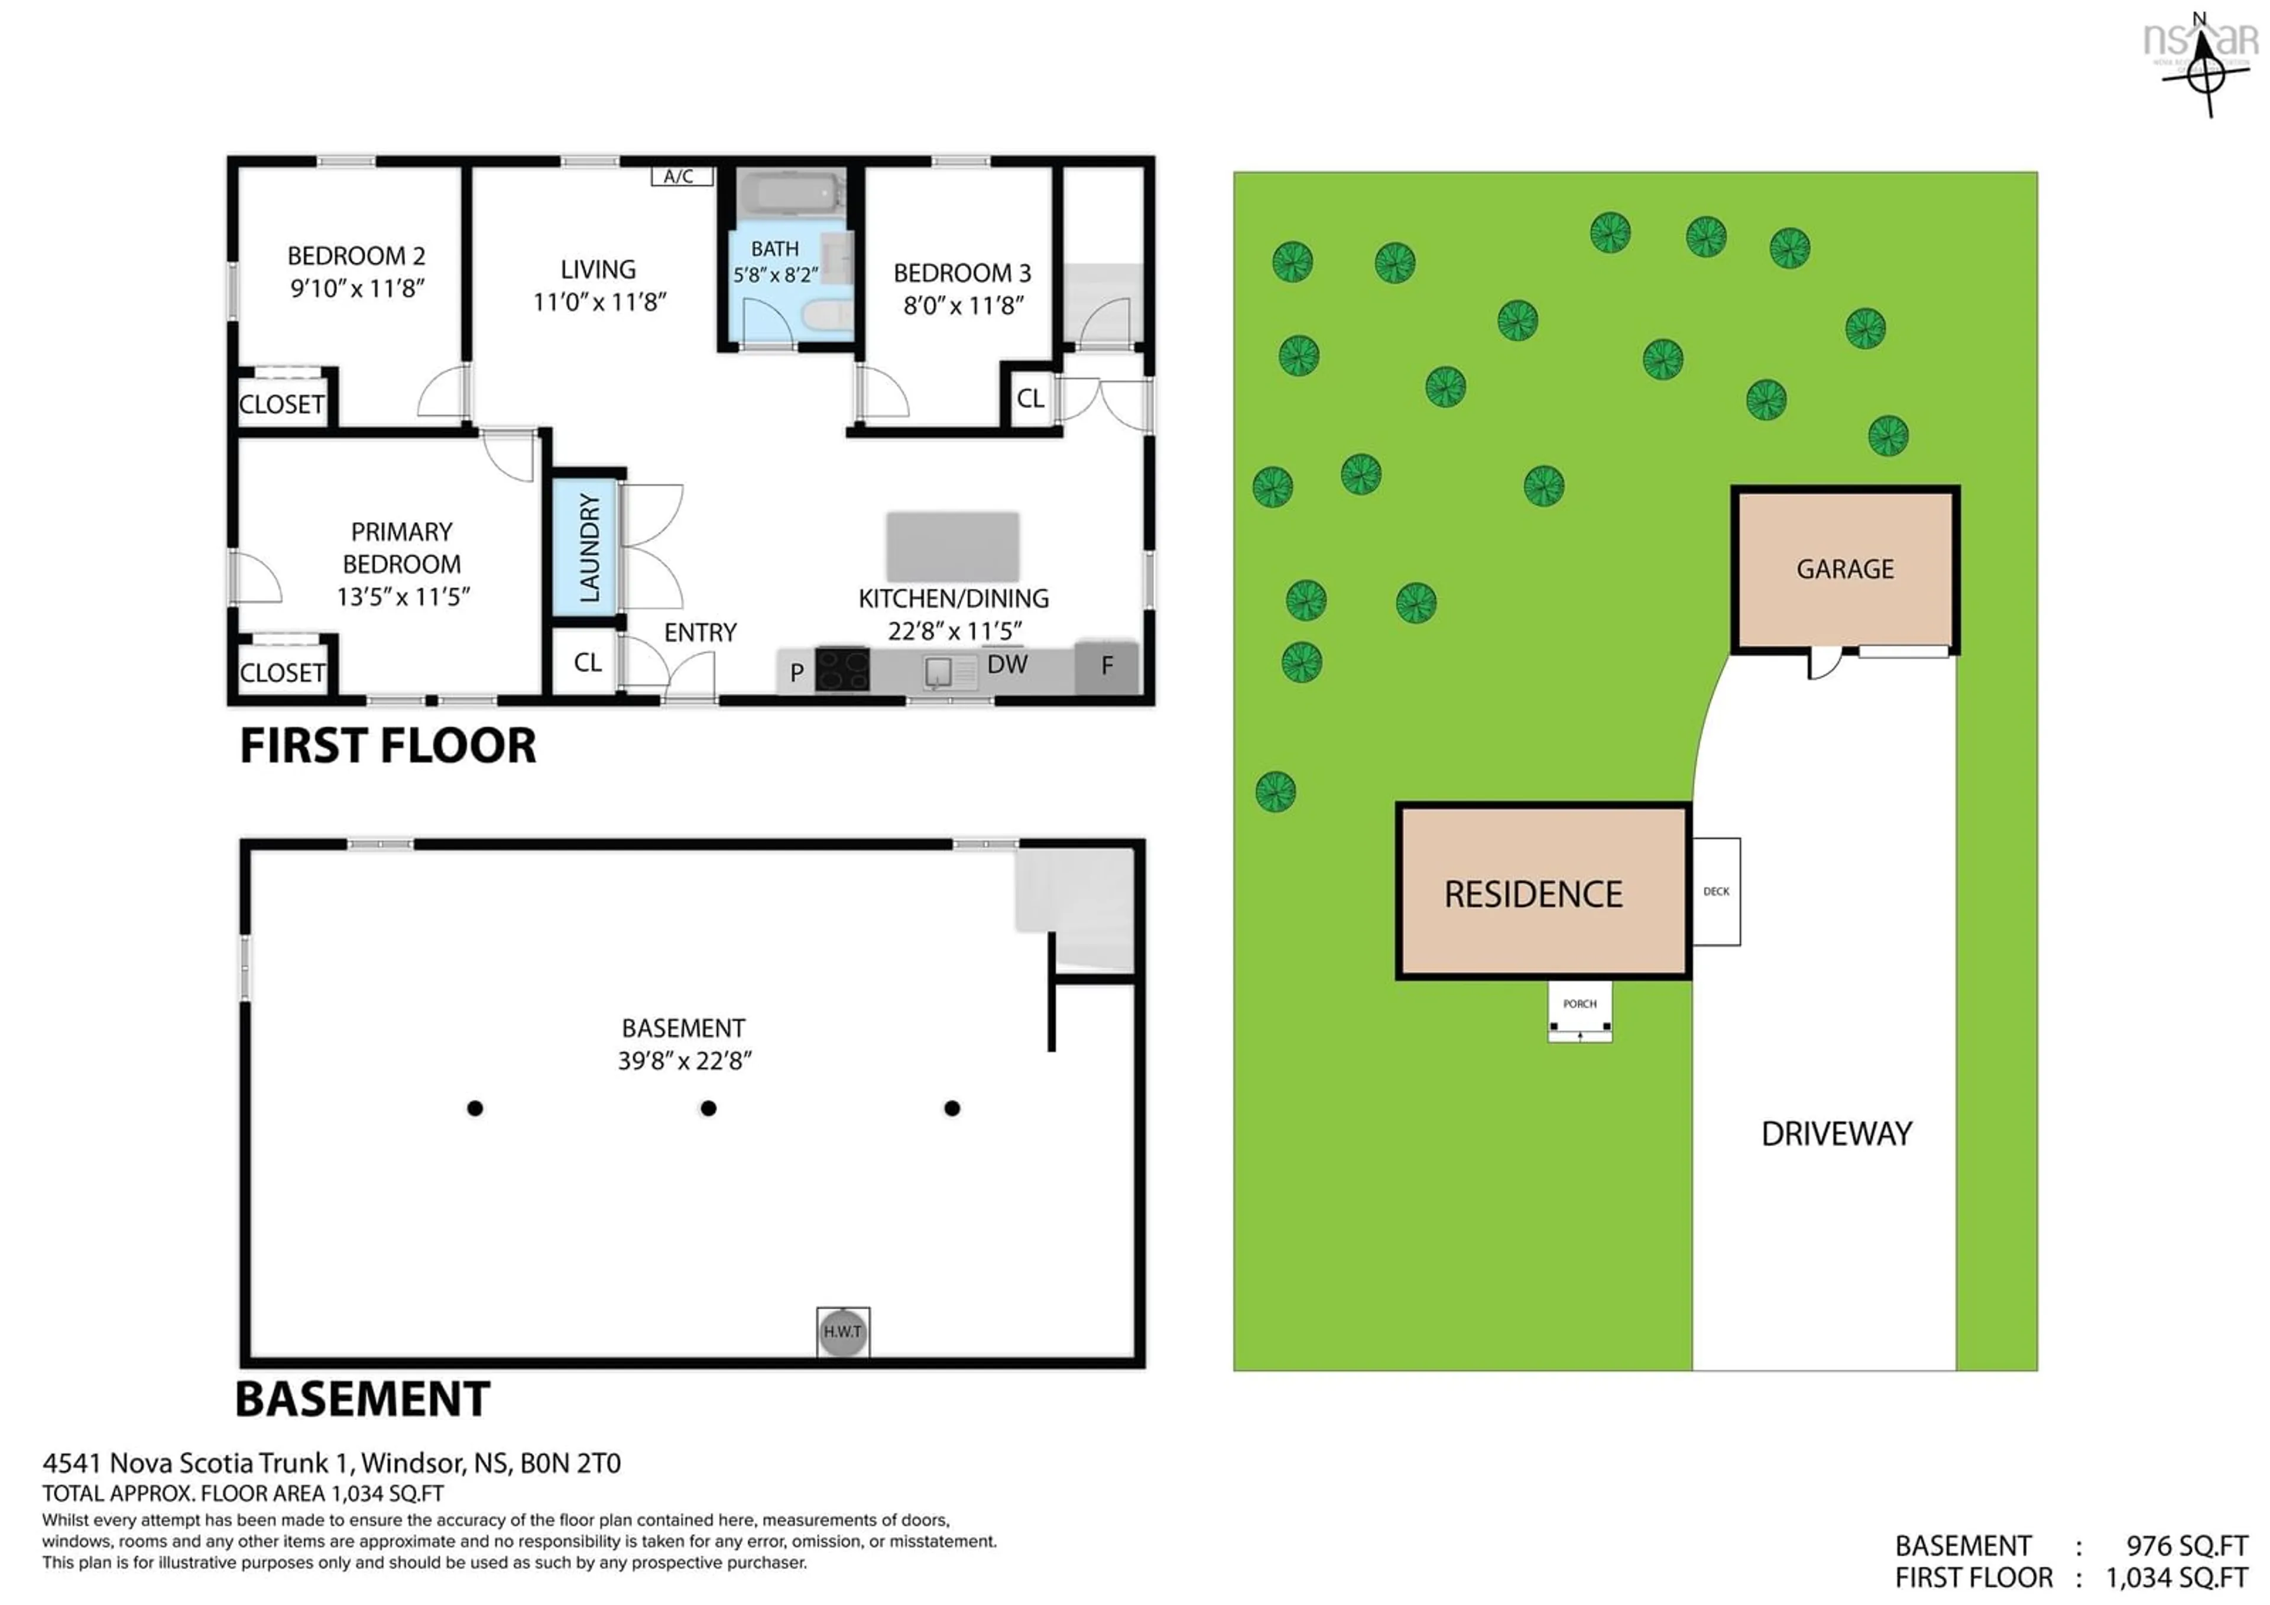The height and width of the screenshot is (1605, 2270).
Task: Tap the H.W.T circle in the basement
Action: click(x=842, y=1331)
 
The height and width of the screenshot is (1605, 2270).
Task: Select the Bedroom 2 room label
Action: click(x=356, y=256)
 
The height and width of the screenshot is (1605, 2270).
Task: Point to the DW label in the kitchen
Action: click(x=1007, y=665)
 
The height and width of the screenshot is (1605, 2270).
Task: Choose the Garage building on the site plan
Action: click(x=1845, y=569)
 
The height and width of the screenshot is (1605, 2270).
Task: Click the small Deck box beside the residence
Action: click(x=1716, y=891)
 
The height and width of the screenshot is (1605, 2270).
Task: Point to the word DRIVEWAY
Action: click(x=1837, y=1133)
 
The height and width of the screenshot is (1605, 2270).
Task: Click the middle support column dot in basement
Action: click(x=708, y=1109)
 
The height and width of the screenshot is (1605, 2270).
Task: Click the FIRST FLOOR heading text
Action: click(x=388, y=746)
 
